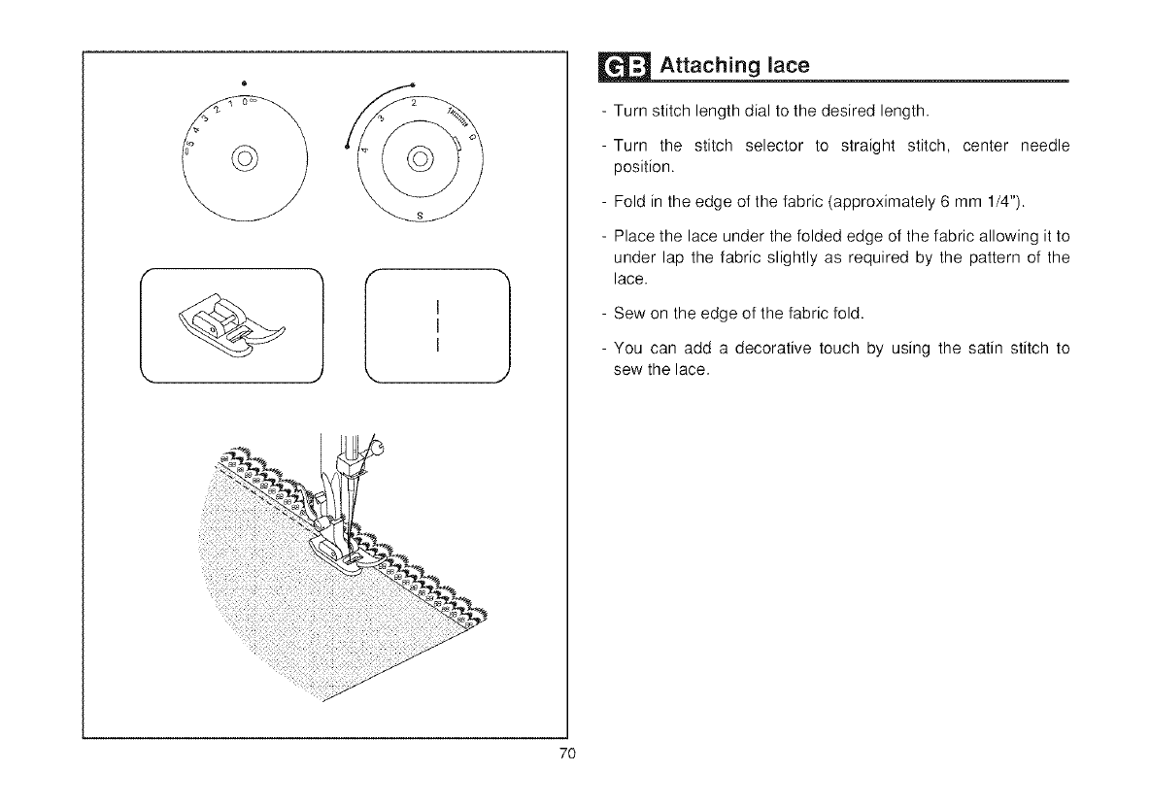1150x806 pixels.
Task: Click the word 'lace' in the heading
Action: (782, 66)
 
